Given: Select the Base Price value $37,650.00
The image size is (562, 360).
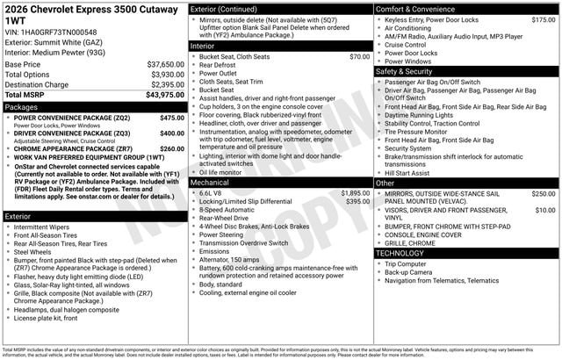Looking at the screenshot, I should (x=165, y=65).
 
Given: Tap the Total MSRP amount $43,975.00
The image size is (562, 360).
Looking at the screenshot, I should (x=165, y=94).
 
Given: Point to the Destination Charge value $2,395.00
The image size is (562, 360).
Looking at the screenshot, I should (x=166, y=84).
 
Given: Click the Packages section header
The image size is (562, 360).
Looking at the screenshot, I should (x=22, y=106).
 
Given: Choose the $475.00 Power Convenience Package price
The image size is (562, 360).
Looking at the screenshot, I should (x=172, y=118).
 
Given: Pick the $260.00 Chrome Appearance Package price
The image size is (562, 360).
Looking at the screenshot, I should (x=172, y=149).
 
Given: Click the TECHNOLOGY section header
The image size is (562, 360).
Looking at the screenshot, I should (x=400, y=253).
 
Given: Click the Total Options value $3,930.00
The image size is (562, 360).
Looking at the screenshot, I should (x=167, y=75).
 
